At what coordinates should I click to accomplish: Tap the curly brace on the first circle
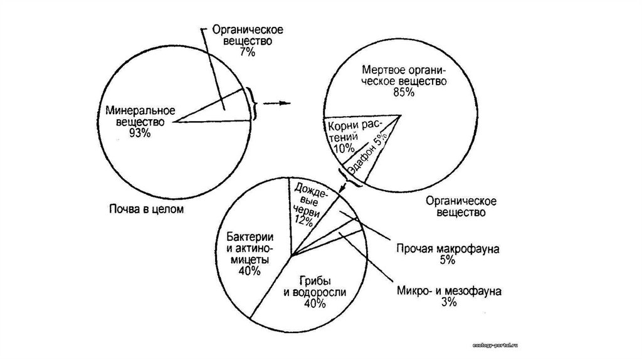(x=255, y=103)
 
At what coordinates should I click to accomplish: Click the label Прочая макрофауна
(x=447, y=248)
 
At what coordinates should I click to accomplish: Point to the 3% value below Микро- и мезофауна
(x=448, y=304)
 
